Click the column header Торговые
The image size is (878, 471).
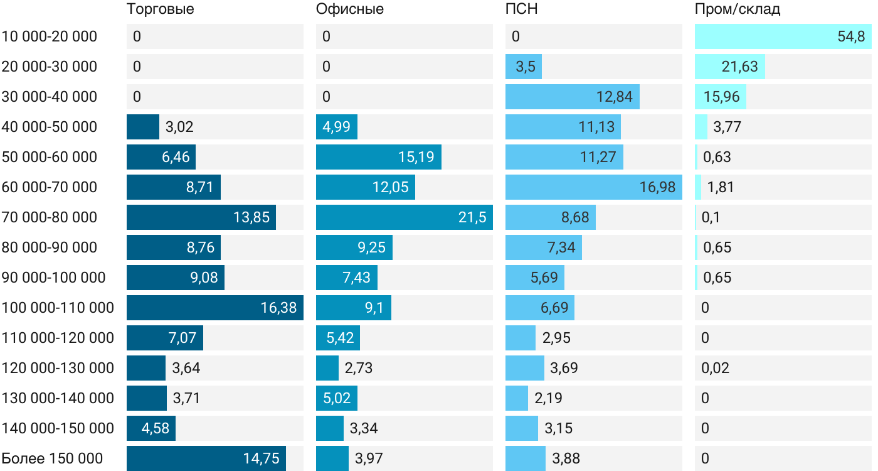[x=161, y=9]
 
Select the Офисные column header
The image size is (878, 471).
[x=350, y=9]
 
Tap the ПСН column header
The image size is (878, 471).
[x=522, y=9]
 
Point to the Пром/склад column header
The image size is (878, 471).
[x=738, y=9]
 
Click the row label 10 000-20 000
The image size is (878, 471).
[x=50, y=36]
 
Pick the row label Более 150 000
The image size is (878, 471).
[x=52, y=458]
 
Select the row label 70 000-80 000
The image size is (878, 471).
[x=50, y=217]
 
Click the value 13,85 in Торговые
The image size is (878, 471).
[x=251, y=217]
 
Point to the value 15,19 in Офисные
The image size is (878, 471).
[x=416, y=157]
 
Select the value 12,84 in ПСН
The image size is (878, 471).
[x=615, y=97]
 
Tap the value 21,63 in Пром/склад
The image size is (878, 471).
[x=740, y=67]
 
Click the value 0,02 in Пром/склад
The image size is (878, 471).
[x=716, y=368]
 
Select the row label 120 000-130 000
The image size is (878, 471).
[x=58, y=368]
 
